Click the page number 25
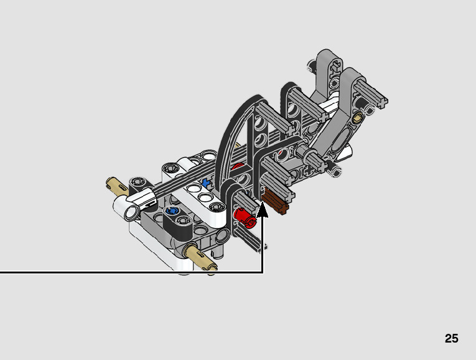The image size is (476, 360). (451, 338)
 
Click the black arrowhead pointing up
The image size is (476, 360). (263, 209)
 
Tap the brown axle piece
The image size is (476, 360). (278, 203)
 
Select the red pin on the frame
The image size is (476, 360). (244, 217)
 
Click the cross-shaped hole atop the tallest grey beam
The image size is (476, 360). (335, 63)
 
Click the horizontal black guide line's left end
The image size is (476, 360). (2, 272)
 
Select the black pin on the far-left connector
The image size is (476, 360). (138, 182)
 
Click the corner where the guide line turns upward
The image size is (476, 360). (263, 272)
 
